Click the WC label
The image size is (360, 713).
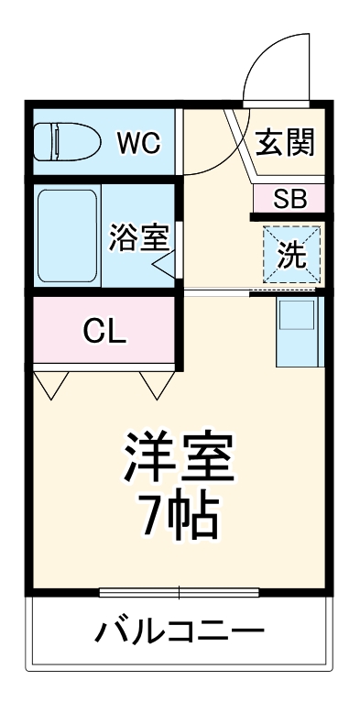(x=138, y=143)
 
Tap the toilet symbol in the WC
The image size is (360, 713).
(x=65, y=143)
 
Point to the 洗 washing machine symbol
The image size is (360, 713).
(x=292, y=253)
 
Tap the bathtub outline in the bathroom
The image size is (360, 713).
(x=68, y=236)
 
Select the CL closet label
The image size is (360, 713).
(x=104, y=332)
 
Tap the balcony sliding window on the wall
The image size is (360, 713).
(x=180, y=591)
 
